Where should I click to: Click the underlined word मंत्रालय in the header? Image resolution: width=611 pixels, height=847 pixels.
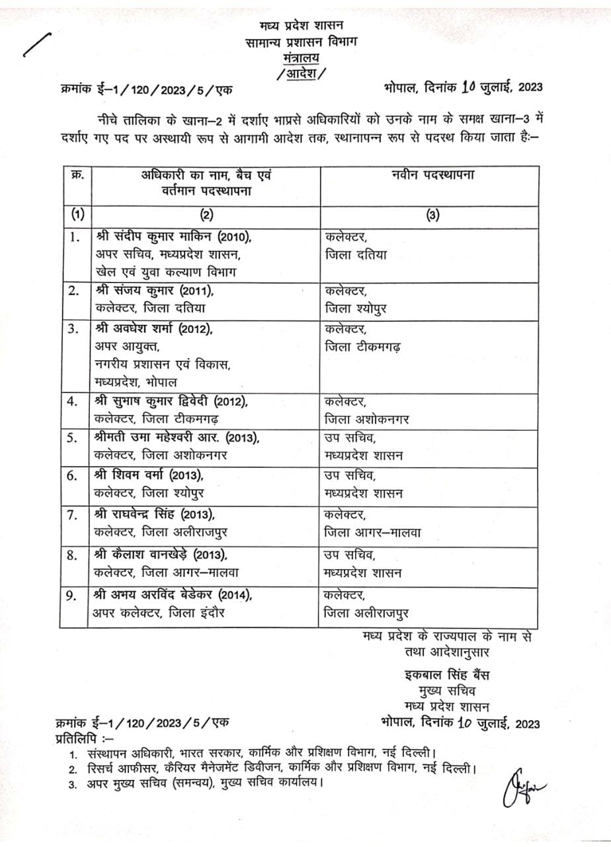(x=300, y=58)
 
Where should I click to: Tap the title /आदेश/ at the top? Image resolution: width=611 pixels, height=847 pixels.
(x=302, y=74)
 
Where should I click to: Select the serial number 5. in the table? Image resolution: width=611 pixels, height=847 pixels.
(x=75, y=437)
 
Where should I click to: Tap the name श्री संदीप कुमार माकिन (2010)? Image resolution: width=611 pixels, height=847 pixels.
(x=174, y=236)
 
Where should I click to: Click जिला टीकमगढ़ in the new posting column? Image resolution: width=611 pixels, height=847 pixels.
(x=362, y=347)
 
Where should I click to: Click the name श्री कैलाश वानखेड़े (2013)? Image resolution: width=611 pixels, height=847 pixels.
(x=165, y=555)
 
